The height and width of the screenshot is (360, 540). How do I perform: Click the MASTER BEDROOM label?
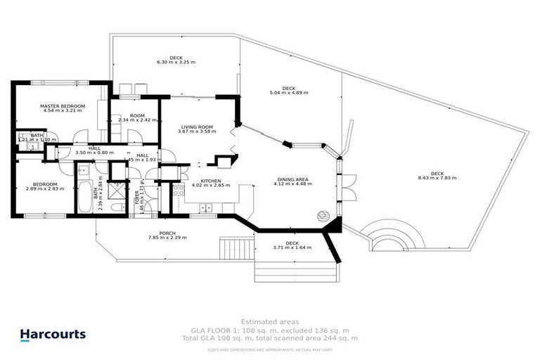point(63,106)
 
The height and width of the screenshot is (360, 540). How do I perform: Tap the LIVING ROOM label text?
point(195,127)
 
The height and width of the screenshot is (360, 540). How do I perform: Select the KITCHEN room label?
point(212,181)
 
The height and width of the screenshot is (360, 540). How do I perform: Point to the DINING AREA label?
point(292,180)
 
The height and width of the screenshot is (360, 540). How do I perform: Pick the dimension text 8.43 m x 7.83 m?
point(437,178)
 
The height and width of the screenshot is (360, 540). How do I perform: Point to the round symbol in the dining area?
point(323,215)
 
